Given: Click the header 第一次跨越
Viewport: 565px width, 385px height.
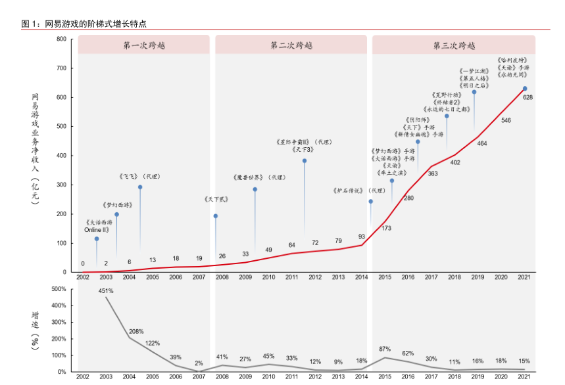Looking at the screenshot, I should click(143, 45).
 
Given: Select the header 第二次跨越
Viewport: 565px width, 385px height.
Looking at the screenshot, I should click(291, 45).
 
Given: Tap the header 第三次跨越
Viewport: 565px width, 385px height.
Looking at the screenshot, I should click(454, 45).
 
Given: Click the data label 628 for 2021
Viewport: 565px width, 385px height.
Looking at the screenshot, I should click(528, 97).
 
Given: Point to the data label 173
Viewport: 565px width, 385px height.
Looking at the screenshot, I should click(386, 228).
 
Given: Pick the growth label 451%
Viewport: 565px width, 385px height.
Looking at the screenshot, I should click(107, 291).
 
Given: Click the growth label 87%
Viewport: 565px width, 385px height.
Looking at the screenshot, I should click(385, 349).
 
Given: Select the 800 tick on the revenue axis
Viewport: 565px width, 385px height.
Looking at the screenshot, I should click(61, 39).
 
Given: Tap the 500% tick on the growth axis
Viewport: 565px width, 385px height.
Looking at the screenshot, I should click(59, 289).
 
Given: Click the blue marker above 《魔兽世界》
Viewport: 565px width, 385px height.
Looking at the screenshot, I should click(255, 189).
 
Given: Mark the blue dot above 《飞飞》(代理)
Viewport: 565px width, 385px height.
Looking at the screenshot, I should click(140, 187).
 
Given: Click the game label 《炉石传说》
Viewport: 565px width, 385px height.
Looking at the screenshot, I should click(349, 191).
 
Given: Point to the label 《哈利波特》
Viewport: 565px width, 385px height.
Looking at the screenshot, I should click(512, 60).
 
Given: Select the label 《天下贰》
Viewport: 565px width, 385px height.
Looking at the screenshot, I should click(216, 198).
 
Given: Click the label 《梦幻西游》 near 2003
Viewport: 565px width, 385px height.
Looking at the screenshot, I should click(118, 205).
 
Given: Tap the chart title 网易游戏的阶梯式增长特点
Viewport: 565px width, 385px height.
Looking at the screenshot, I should click(95, 24).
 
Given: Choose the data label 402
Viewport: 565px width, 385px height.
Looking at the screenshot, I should click(455, 162).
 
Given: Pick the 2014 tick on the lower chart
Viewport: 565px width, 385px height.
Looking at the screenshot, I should click(362, 377).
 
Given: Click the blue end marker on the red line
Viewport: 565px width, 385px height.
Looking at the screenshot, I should click(525, 89).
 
